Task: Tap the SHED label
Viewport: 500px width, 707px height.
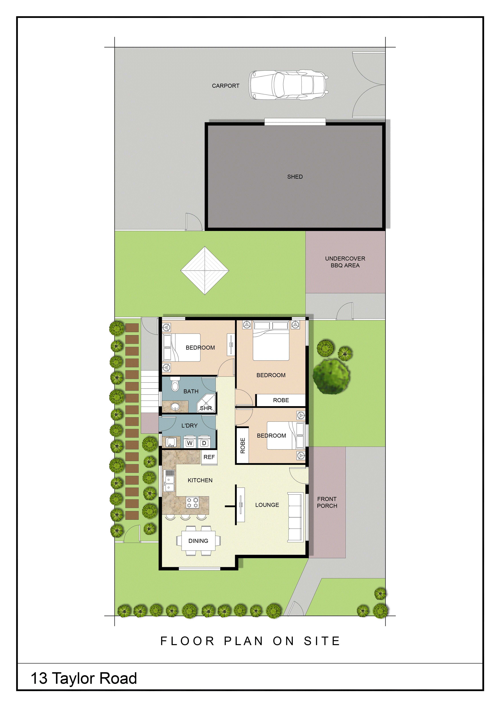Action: [295, 177]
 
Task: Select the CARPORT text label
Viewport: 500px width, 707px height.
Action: [226, 86]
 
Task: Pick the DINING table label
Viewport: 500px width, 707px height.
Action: [198, 541]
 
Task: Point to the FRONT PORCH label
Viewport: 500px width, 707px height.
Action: [327, 502]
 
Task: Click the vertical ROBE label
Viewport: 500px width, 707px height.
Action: [243, 446]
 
